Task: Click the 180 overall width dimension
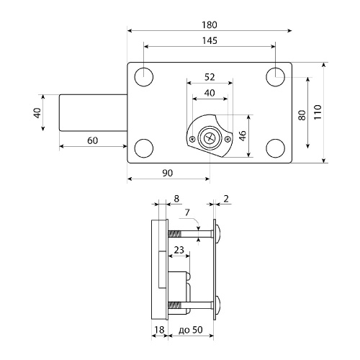pyautogui.click(x=210, y=24)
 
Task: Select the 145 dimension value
pyautogui.click(x=210, y=40)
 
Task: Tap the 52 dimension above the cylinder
pyautogui.click(x=210, y=77)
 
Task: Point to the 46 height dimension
pyautogui.click(x=243, y=136)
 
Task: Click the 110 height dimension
pyautogui.click(x=318, y=112)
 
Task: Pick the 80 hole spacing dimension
pyautogui.click(x=302, y=115)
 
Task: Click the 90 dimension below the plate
pyautogui.click(x=167, y=173)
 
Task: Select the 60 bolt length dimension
pyautogui.click(x=93, y=140)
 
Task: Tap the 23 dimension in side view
pyautogui.click(x=179, y=250)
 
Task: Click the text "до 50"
pyautogui.click(x=191, y=330)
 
